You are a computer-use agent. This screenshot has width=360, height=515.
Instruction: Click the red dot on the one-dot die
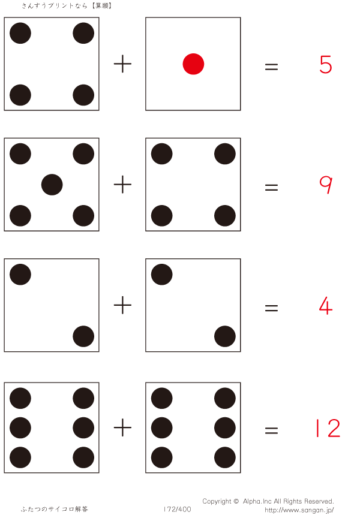pos(193,64)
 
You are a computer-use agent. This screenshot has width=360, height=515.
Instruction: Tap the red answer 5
pos(326,64)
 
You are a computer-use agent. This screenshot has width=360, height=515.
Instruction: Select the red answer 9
pos(326,185)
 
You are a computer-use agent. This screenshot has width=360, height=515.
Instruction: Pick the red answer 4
pos(326,306)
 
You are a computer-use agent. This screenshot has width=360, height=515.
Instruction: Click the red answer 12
pos(327,428)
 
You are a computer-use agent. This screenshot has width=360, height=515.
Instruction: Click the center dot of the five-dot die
pos(52,185)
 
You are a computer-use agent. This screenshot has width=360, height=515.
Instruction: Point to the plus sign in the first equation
pos(122,64)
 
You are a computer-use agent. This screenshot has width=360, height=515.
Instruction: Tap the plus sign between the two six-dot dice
pos(122,427)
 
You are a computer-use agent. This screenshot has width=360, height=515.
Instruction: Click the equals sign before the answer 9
pos(271,187)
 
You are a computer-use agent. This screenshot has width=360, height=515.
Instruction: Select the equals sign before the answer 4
pos(271,308)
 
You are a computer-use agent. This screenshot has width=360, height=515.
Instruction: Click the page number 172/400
pos(177,510)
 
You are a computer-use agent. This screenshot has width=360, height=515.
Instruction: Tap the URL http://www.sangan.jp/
pos(299,510)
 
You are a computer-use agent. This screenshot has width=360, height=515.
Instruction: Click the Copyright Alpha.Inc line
pos(268,501)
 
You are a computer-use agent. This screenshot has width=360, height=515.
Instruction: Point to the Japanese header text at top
pos(67,5)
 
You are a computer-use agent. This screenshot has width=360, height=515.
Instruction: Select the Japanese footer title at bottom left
pos(54,510)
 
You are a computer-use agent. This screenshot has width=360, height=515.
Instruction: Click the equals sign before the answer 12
pos(271,429)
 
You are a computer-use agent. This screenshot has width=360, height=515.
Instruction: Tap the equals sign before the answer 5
pos(271,66)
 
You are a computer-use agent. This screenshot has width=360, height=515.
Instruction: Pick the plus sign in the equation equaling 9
pos(122,185)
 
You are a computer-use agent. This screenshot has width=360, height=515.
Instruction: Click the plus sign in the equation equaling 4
pos(122,306)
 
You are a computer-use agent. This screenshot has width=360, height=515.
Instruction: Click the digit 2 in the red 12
pos(333,428)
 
